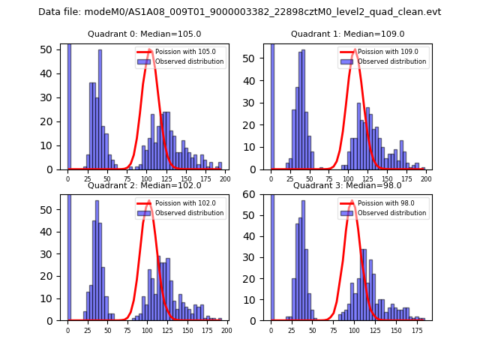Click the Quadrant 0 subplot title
144,34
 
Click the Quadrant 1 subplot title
347,34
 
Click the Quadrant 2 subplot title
144,185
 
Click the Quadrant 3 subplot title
346,185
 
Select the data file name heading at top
240,12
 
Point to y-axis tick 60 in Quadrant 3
256,195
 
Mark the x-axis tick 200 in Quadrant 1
427,179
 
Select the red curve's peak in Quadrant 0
150,49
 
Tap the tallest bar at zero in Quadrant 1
271,105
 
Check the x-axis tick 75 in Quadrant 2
127,331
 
